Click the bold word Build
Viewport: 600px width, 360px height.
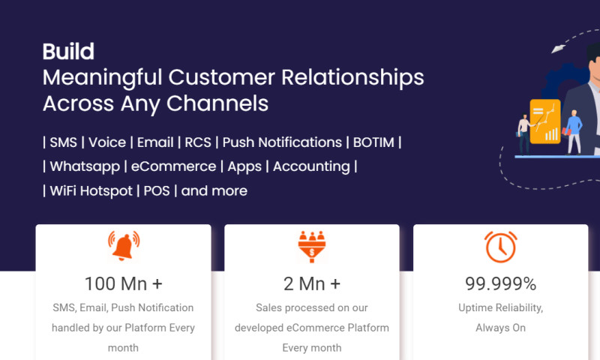click(68, 52)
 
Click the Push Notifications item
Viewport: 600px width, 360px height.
click(282, 142)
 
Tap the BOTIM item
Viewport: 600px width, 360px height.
click(373, 142)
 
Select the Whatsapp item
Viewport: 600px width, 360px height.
click(83, 166)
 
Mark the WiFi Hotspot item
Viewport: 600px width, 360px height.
click(89, 190)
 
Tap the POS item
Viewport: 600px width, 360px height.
click(156, 190)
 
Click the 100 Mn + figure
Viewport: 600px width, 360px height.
click(124, 283)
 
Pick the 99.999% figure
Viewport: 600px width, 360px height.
click(500, 283)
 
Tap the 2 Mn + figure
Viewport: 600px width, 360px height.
click(312, 283)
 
